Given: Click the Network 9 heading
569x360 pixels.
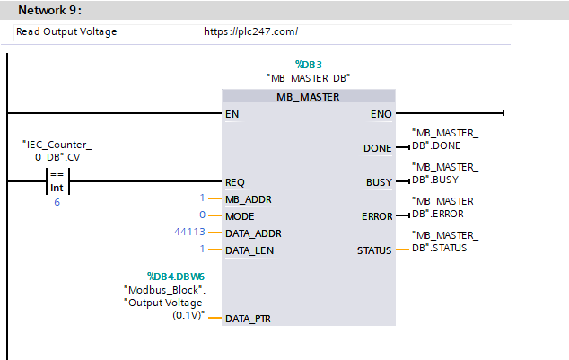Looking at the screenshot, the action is coord(49,10).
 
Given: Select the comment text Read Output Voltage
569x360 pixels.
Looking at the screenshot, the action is coord(66,32).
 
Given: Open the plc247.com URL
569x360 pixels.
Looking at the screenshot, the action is coord(250,31).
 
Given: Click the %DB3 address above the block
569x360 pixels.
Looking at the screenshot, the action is coord(309,65).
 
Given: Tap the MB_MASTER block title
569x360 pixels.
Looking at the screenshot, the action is coord(308,97).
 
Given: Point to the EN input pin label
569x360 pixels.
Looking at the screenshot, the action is coord(232,114).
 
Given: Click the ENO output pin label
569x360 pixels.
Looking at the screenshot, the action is coord(381,114).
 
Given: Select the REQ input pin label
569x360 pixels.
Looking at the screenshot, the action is coord(235,182).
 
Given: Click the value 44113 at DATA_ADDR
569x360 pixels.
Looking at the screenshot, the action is coord(189,232).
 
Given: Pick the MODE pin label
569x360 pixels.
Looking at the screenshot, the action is coord(240,216).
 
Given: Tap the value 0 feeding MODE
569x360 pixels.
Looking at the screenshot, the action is coord(203,215).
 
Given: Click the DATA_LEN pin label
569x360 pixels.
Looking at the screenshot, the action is coord(249,250).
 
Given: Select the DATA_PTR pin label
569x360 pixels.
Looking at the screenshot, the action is coord(248,319).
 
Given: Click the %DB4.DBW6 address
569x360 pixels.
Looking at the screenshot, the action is coord(176,277).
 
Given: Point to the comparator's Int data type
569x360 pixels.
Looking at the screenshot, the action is coord(57,188).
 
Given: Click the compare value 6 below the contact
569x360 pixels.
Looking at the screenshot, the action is coord(57,202).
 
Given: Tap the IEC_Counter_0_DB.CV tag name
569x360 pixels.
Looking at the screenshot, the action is coord(57,151).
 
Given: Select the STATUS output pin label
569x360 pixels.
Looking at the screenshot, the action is coord(374,250).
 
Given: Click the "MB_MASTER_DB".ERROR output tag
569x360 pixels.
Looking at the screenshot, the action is coord(445,207).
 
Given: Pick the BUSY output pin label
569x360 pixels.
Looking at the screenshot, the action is coord(380,182).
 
